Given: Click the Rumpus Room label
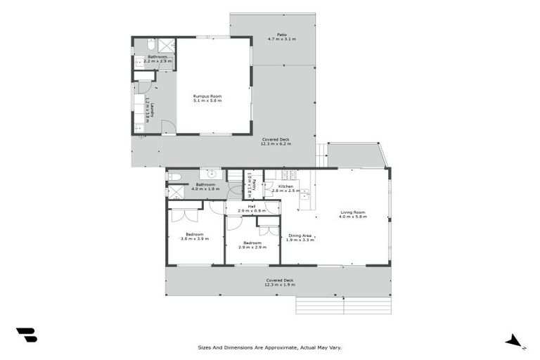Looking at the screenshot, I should coord(207,96).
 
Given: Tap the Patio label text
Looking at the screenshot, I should coord(281,34).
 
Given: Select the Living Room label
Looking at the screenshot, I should coord(353,212).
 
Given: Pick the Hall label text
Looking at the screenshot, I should coord(251,206).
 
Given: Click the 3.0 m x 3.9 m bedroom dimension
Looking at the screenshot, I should coord(195,239).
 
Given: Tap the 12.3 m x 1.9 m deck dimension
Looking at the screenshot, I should coord(280,285).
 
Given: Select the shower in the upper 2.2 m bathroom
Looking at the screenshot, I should coord(167,45).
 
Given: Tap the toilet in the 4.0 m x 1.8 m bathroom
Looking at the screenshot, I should coord(175,176).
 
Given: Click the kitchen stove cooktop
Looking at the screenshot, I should coord(287,174).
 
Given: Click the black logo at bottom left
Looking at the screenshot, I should coord(26,335).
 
